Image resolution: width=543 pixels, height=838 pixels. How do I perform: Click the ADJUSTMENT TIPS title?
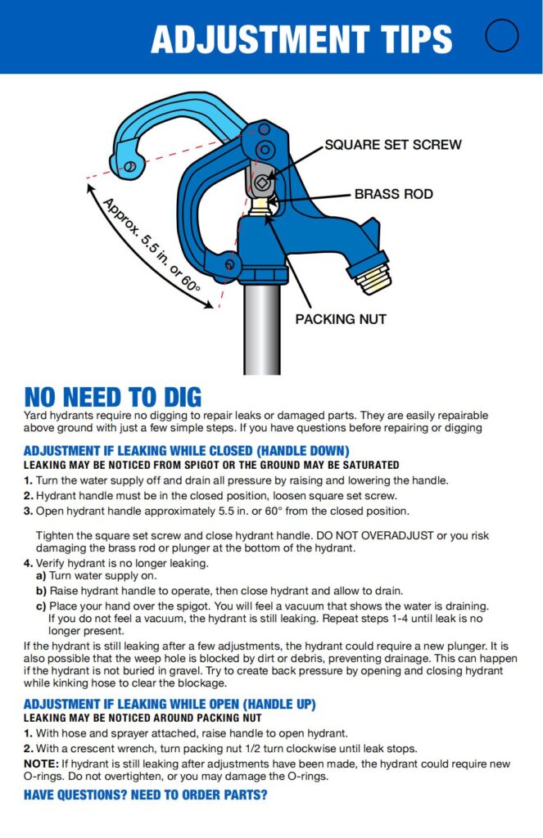(301, 38)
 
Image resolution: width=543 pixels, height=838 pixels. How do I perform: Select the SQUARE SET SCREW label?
(393, 145)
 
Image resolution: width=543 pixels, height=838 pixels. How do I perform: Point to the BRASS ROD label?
(393, 195)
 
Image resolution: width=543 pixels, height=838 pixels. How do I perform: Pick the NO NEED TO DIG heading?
(113, 397)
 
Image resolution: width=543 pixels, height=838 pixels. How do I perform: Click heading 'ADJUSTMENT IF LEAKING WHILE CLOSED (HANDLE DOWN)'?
(187, 451)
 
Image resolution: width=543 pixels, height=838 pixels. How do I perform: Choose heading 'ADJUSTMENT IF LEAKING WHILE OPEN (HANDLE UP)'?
(170, 705)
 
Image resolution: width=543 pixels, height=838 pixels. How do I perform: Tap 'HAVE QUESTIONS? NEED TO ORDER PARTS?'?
(146, 795)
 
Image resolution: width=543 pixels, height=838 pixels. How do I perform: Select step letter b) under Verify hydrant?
(40, 590)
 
